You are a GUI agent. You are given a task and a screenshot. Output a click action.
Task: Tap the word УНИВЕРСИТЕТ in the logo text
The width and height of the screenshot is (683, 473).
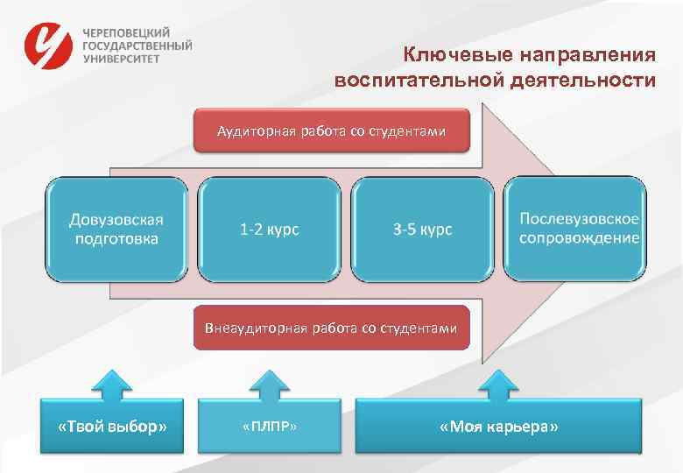pos(122,60)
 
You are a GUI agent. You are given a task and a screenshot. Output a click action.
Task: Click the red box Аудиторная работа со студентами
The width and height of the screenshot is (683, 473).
pos(331,131)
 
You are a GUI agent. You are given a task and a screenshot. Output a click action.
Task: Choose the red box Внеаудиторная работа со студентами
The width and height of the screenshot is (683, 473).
pos(331,328)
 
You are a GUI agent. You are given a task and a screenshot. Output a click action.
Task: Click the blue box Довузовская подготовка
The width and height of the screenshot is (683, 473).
pos(116,229)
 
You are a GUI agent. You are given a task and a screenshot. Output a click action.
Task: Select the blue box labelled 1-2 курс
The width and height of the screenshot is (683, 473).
pos(270,229)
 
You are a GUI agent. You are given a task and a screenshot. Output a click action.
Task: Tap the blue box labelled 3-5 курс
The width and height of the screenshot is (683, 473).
pos(422,229)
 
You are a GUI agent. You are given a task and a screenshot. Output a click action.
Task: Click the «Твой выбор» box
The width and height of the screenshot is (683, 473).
pos(111,427)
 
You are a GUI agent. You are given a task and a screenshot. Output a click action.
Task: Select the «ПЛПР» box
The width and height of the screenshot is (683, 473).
pos(270,427)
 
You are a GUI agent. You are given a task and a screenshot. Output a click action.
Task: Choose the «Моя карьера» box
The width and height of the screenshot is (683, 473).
pos(498,427)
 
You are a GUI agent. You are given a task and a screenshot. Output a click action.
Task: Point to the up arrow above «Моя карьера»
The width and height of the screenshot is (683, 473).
pos(498,383)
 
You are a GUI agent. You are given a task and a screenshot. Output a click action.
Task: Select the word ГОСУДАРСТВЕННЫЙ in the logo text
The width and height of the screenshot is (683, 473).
pos(137,46)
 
